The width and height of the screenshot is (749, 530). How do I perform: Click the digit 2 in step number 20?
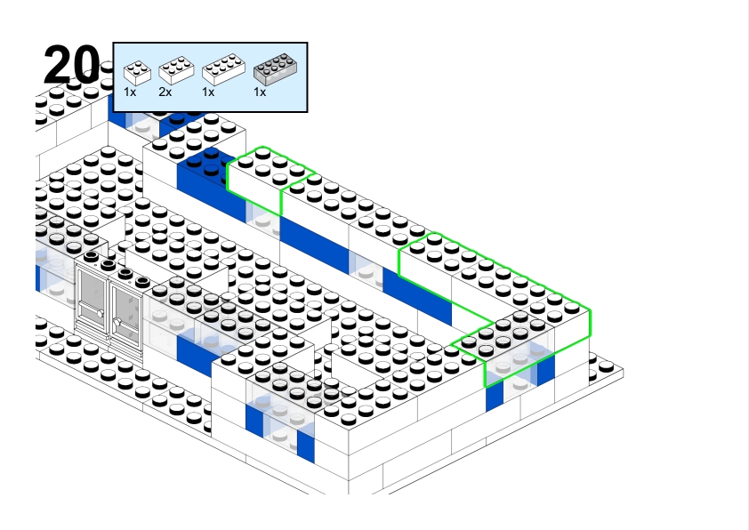tap(58, 65)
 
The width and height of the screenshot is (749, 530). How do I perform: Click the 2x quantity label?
tap(165, 92)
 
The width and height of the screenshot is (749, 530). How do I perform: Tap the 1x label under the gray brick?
tap(260, 92)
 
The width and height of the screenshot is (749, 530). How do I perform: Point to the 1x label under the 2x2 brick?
tap(130, 92)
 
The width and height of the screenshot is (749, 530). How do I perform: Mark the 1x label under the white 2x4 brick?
tap(208, 92)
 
